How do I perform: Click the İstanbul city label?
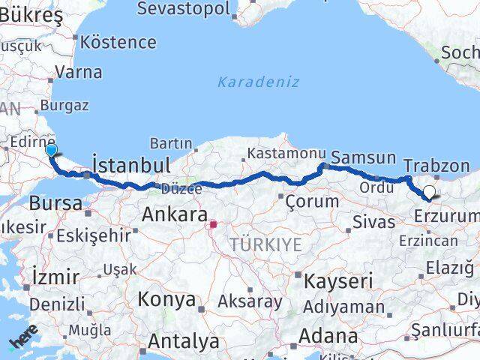pyautogui.click(x=130, y=164)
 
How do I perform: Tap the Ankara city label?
pyautogui.click(x=174, y=215)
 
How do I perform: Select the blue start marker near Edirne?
pyautogui.click(x=52, y=151)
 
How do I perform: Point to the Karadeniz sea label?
pyautogui.click(x=259, y=82)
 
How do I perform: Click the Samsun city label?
pyautogui.click(x=363, y=157)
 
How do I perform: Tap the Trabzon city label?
pyautogui.click(x=436, y=166)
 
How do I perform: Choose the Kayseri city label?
pyautogui.click(x=338, y=281)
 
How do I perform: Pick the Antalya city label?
pyautogui.click(x=183, y=342)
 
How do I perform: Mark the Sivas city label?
pyautogui.click(x=374, y=222)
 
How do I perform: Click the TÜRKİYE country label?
pyautogui.click(x=265, y=245)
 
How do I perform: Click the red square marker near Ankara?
pyautogui.click(x=213, y=223)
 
